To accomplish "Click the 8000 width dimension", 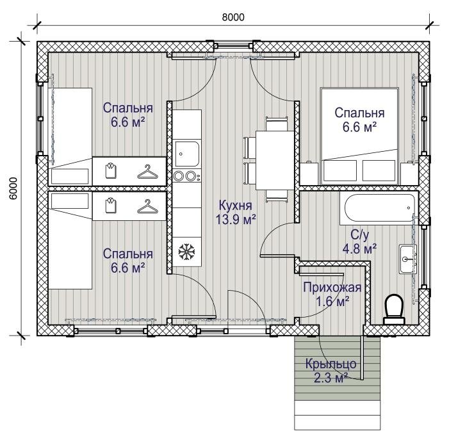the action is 233,17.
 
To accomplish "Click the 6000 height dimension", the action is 13,188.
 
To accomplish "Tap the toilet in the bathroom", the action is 394,310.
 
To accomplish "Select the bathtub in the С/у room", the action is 379,208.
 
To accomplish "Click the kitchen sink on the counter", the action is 187,154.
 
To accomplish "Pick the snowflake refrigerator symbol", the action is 186,252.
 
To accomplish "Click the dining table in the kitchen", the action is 275,160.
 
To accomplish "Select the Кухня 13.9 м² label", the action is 235,213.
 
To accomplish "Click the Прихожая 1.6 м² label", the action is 332,294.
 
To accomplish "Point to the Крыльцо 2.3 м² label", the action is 331,371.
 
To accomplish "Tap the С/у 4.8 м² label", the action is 360,241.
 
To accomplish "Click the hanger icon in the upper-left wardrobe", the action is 147,172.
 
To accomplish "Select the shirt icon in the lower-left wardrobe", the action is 111,206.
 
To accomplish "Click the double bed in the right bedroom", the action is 360,136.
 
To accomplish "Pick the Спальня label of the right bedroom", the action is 360,113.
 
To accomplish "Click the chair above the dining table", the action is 276,124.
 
